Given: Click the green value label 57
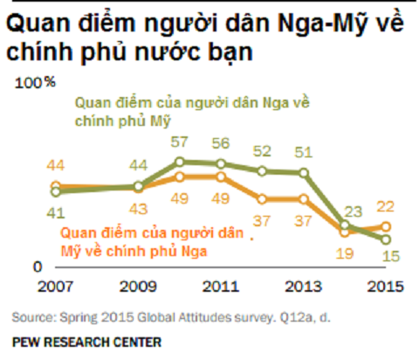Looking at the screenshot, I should coord(181,141).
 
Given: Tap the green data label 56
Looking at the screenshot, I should coord(222,143).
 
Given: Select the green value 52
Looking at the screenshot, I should coord(263,150).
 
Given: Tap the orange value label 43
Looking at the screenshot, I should coord(137,209).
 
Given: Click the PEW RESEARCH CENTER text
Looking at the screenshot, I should coord(73,343).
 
